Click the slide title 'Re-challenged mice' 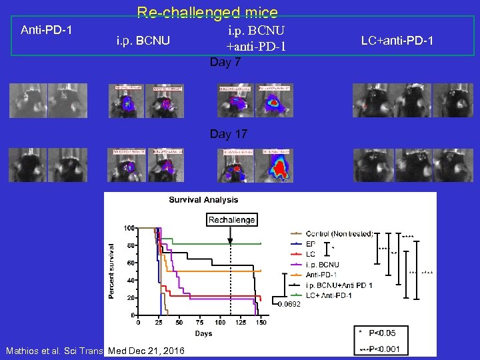[x=207, y=12]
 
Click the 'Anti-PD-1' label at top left [x=47, y=30]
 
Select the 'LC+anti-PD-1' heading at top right [x=397, y=41]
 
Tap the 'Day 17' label [x=228, y=134]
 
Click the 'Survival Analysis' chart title [x=203, y=200]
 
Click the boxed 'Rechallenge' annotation [x=232, y=220]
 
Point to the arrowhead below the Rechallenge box [x=231, y=241]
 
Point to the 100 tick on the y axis [x=128, y=228]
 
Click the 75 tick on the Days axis [x=199, y=322]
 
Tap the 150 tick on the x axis [x=261, y=322]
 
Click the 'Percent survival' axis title [x=111, y=270]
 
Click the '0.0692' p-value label [x=289, y=304]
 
